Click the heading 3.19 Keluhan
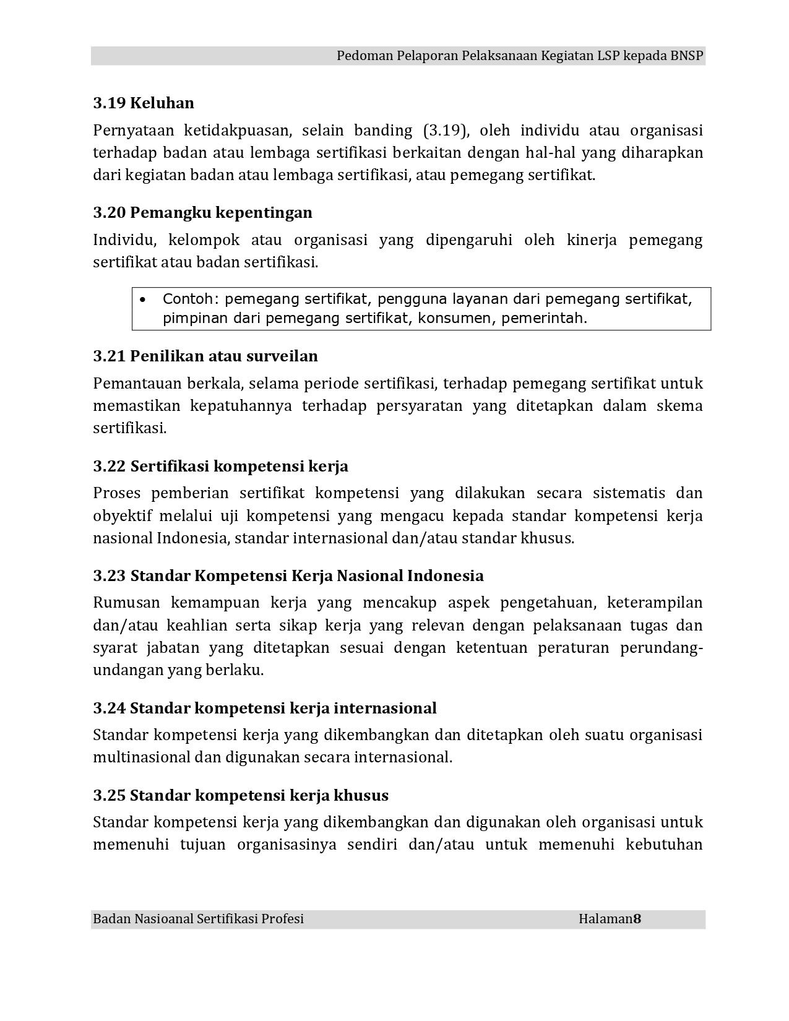point(144,103)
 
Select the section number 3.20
point(110,213)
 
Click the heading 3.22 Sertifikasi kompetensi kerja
point(220,467)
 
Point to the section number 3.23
point(110,576)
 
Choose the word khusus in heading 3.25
point(361,796)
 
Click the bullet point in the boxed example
point(143,300)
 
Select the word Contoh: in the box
point(191,299)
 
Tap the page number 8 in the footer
point(637,919)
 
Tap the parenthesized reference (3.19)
point(447,131)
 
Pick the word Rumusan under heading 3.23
point(126,603)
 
